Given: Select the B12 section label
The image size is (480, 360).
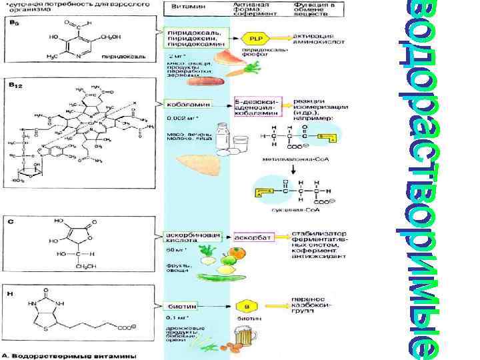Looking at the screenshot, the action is click(x=15, y=85).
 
